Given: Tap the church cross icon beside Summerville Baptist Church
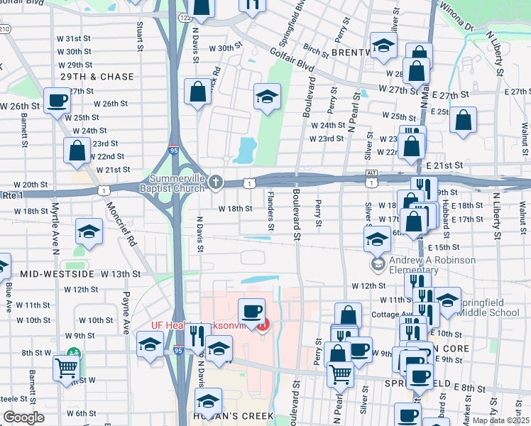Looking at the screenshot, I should click(x=216, y=183).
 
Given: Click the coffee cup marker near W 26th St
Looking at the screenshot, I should click(x=57, y=101).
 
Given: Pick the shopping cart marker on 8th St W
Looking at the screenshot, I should click(x=66, y=368).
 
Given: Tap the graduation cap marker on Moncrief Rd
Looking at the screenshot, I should click(x=89, y=232).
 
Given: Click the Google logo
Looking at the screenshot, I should click(x=23, y=417).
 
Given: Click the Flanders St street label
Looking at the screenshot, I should click(x=271, y=219).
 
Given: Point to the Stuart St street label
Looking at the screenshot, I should click(x=141, y=28).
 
